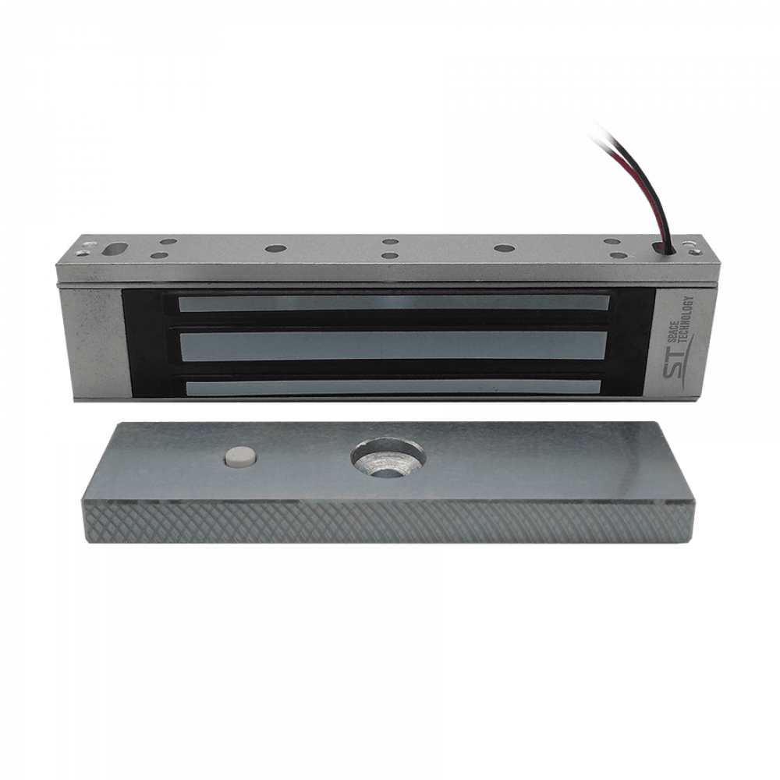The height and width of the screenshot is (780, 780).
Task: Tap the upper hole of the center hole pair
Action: click(x=388, y=242)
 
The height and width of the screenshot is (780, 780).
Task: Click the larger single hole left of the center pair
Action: click(x=274, y=247)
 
